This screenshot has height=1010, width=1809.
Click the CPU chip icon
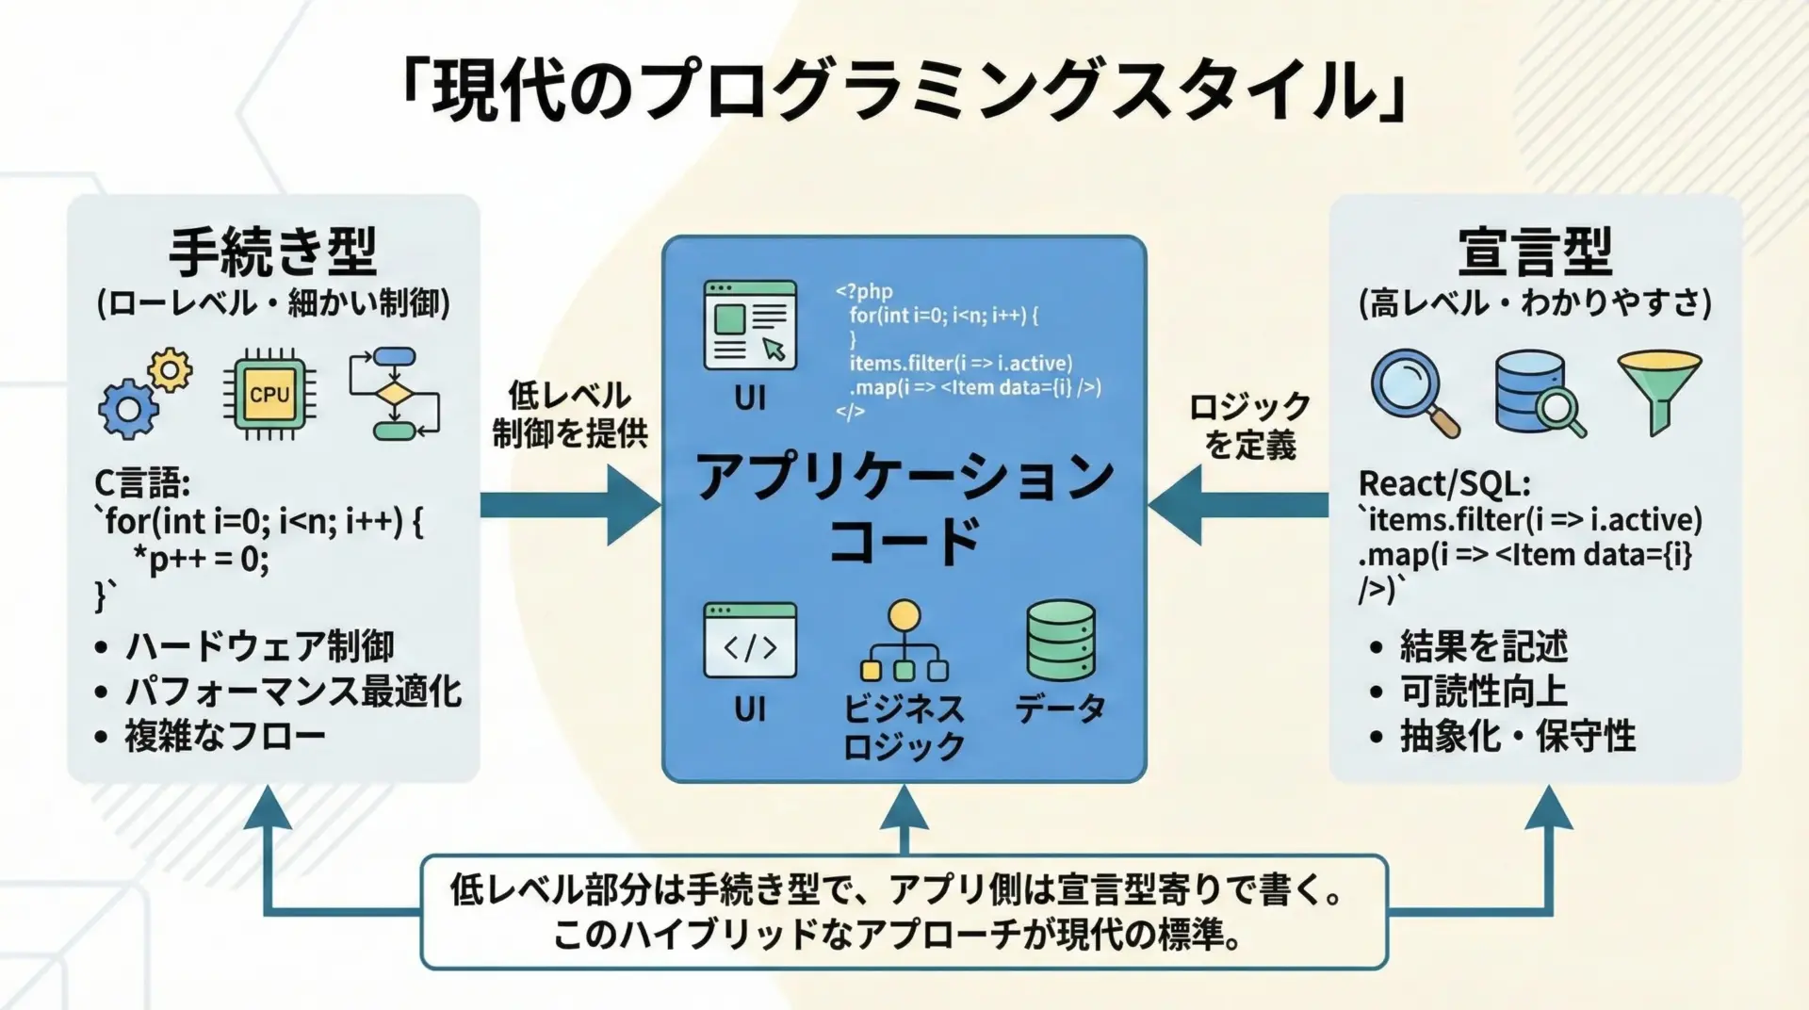pyautogui.click(x=269, y=394)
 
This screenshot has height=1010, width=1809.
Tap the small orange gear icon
pyautogui.click(x=171, y=370)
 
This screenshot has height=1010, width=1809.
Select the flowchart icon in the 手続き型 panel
pyautogui.click(x=394, y=394)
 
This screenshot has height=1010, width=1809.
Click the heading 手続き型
pyautogui.click(x=273, y=251)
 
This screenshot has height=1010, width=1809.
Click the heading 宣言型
pyautogui.click(x=1535, y=251)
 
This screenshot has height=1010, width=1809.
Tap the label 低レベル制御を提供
pyautogui.click(x=570, y=414)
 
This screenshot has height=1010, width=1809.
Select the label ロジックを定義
pyautogui.click(x=1250, y=425)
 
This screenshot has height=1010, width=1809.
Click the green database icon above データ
pyautogui.click(x=1060, y=641)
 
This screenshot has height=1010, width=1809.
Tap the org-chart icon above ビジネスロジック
pyautogui.click(x=904, y=642)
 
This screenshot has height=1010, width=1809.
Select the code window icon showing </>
pyautogui.click(x=750, y=642)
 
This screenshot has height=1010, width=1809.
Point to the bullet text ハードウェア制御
pyautogui.click(x=259, y=646)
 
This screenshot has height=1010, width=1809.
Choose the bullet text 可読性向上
pyautogui.click(x=1483, y=692)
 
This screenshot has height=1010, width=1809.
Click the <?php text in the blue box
pyautogui.click(x=864, y=291)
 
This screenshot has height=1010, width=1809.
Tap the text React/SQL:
pyautogui.click(x=1443, y=483)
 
